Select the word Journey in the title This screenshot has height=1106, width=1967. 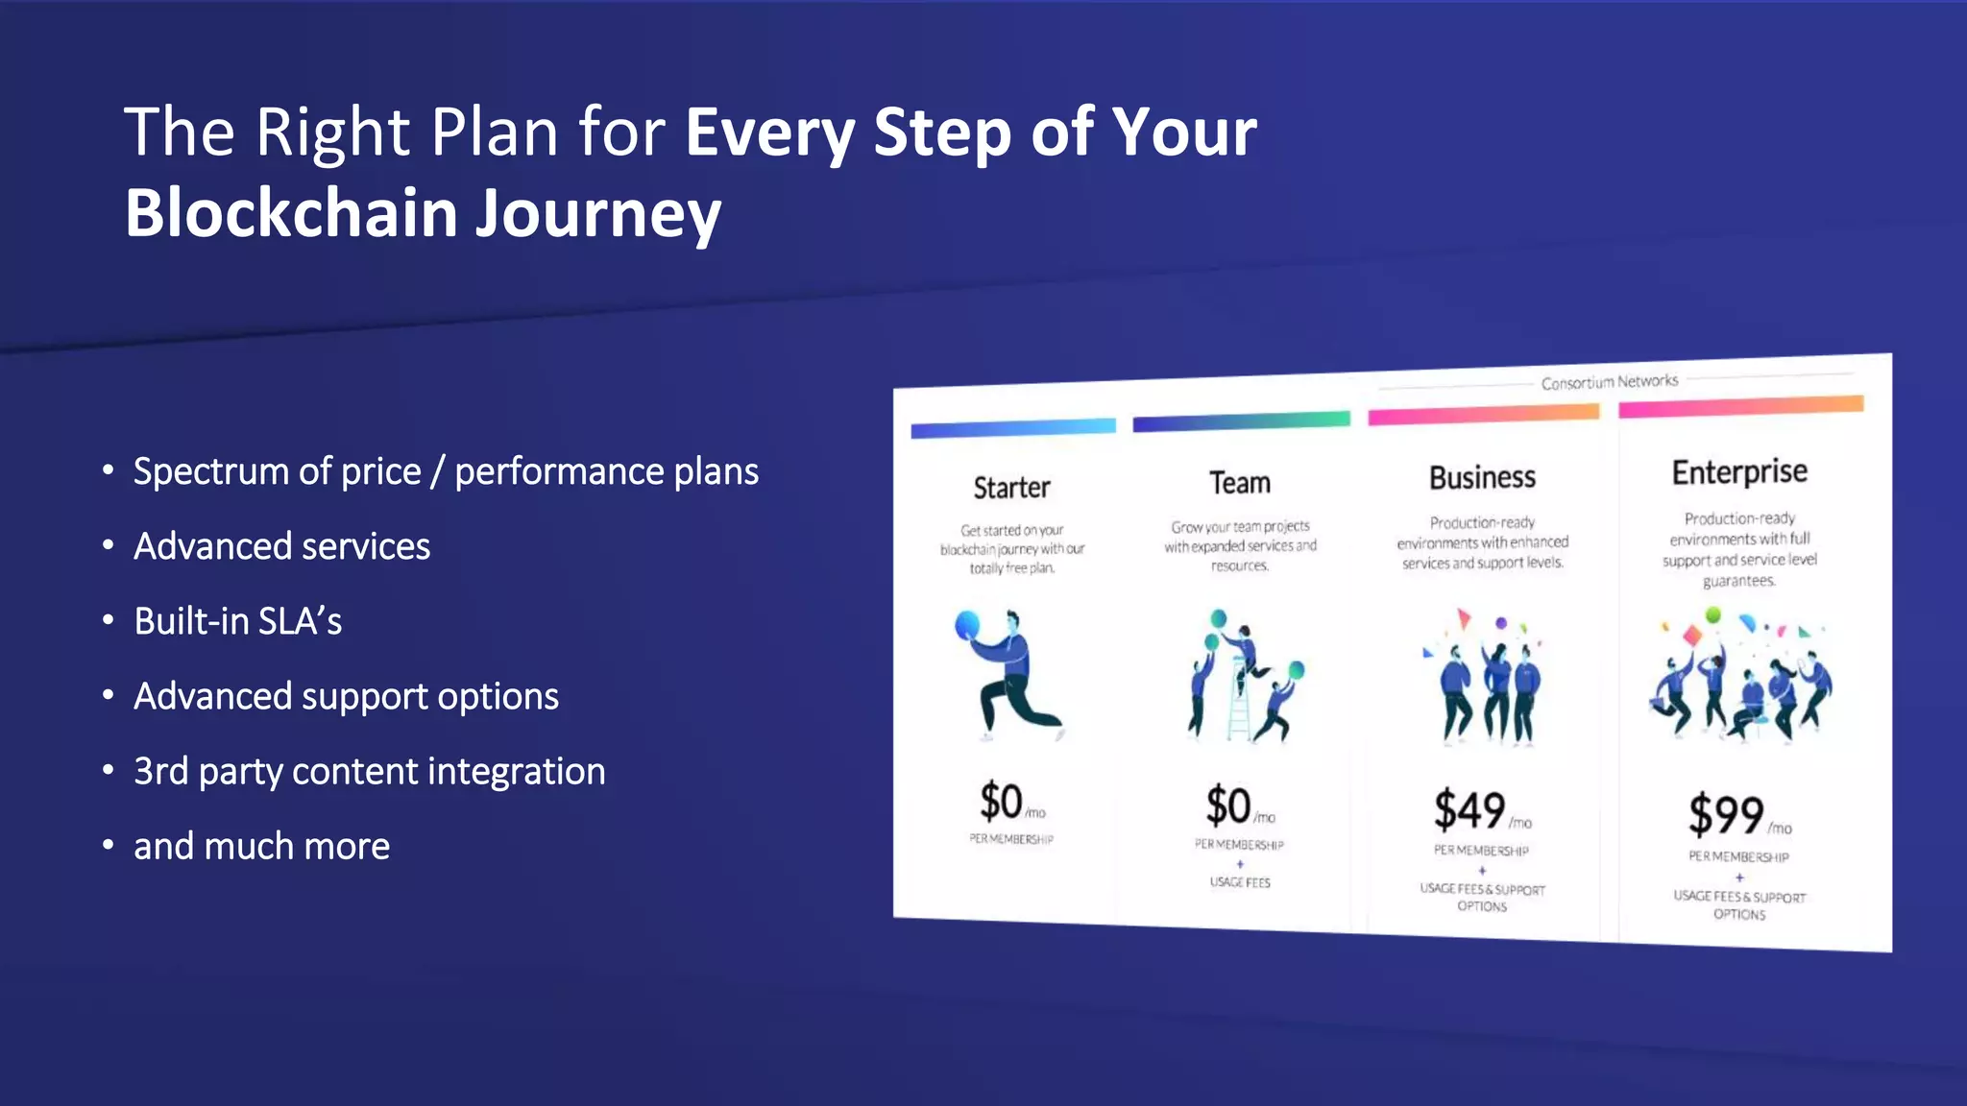tap(597, 215)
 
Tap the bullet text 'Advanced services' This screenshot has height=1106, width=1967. tap(281, 546)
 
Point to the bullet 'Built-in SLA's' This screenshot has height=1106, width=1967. tap(237, 621)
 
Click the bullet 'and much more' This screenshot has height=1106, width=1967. tap(261, 846)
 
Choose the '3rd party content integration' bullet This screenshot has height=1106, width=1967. tap(369, 771)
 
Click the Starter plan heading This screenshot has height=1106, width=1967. tap(1011, 488)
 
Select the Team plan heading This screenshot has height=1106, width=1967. tap(1239, 483)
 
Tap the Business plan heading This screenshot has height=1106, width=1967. tap(1482, 477)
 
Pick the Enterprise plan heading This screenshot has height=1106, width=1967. tap(1739, 471)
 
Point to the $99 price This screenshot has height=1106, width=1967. tap(1726, 815)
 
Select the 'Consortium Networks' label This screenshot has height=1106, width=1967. tap(1610, 382)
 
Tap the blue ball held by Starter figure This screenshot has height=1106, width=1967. tap(967, 625)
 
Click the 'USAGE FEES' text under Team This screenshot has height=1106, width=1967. tap(1240, 882)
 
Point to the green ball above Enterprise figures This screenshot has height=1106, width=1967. tap(1712, 614)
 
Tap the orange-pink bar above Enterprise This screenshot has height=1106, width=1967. tap(1740, 406)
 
